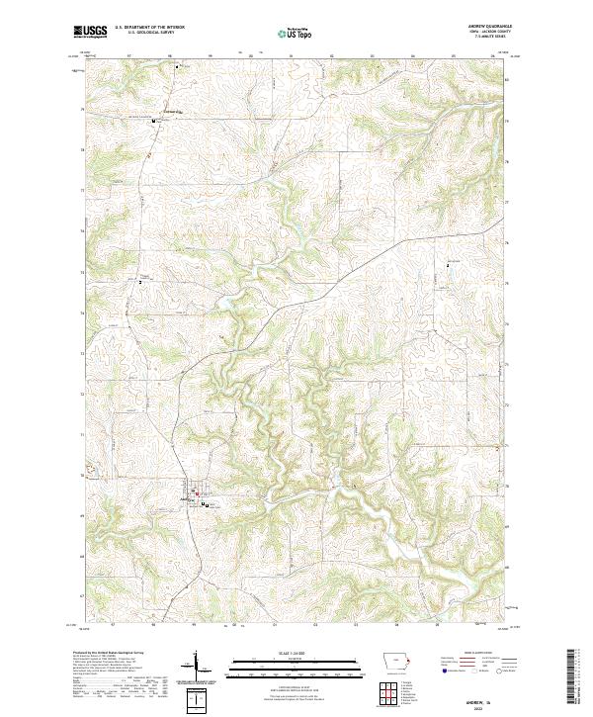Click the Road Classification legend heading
point(478,655)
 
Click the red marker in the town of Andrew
point(196,493)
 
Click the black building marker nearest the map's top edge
point(178,67)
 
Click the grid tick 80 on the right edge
point(507,80)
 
